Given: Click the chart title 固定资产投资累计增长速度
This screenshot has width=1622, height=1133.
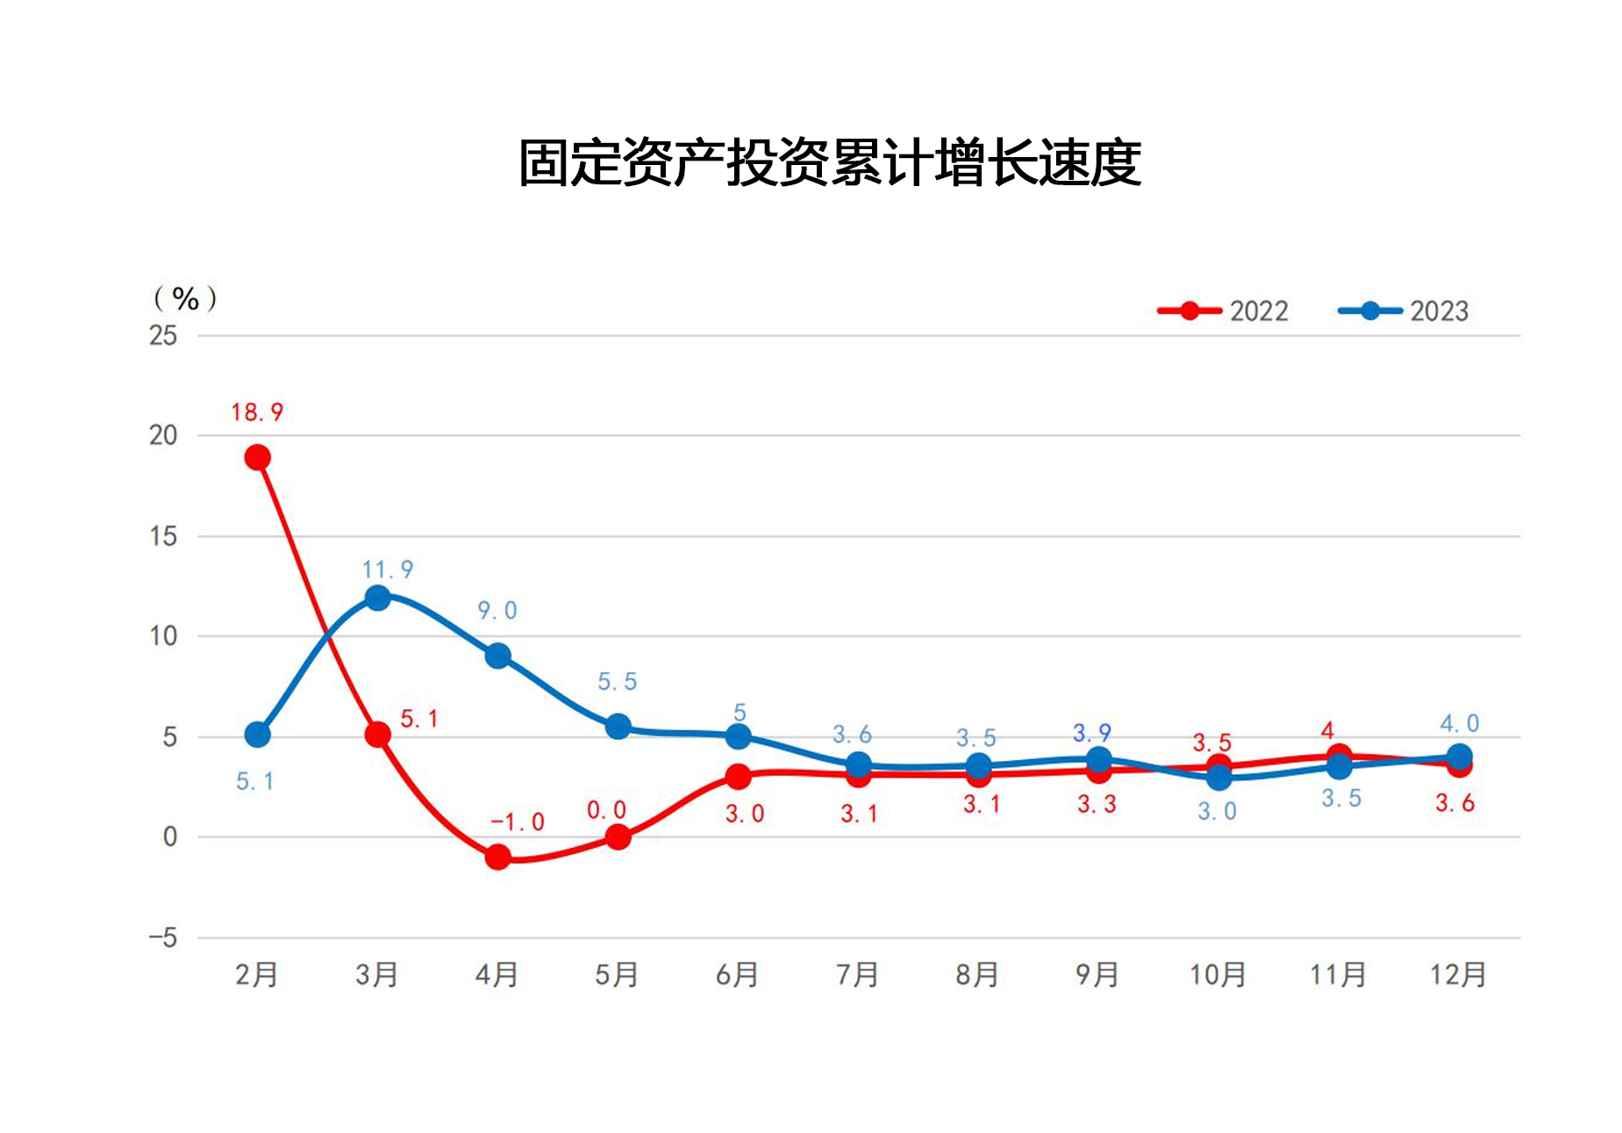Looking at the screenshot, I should coord(829,163).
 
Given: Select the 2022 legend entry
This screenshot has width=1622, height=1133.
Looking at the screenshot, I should coord(1223,311).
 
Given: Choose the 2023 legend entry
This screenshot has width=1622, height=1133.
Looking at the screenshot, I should coord(1404,311).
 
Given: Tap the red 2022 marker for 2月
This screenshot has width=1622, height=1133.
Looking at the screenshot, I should coord(257,457).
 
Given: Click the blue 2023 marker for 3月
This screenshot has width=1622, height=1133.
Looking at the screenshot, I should coord(377,599).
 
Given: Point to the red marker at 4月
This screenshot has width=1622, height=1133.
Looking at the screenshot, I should coord(497,857).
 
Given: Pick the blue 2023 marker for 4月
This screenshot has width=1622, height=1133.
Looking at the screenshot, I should coord(497,656).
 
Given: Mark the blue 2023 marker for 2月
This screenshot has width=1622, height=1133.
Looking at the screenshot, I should coord(257,735).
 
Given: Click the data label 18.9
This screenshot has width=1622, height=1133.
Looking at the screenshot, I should coord(257,412).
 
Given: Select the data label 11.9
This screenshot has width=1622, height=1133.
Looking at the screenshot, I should coord(388,570).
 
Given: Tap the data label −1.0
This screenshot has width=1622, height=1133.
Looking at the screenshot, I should coord(517,822).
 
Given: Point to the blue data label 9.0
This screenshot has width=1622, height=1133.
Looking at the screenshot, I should coord(497,611).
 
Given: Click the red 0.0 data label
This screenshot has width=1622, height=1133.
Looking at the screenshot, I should coord(606,810).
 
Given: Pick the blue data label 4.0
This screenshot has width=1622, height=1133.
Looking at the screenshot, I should coord(1459,724).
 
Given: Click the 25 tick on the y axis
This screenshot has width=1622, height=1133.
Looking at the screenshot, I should coord(163,335).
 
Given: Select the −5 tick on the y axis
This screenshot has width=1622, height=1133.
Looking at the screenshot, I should coord(163,938).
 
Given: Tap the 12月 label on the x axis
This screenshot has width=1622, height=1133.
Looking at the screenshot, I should coord(1458,975).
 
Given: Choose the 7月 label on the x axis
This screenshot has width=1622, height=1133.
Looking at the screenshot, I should coord(857,975).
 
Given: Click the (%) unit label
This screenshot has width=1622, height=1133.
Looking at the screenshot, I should coord(185,298).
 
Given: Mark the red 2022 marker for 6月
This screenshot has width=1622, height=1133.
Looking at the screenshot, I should coord(738,777).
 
